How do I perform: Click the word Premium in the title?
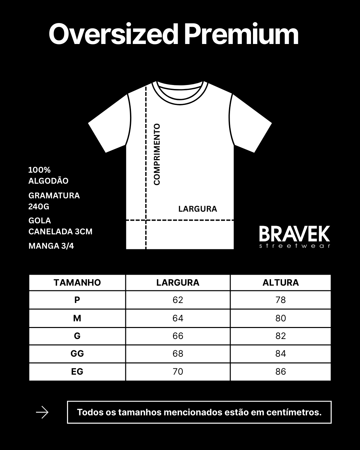click(x=241, y=34)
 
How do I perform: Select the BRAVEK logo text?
click(x=294, y=234)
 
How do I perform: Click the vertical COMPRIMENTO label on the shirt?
click(x=157, y=154)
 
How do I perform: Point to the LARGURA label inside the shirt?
click(x=197, y=209)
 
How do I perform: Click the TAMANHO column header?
click(x=77, y=283)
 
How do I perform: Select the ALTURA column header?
click(x=280, y=283)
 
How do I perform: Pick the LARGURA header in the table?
click(x=178, y=283)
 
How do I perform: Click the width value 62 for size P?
click(x=178, y=300)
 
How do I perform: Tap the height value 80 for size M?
click(x=280, y=318)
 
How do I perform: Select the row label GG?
click(x=77, y=354)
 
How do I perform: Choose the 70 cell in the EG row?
click(x=178, y=372)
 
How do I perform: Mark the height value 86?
click(x=280, y=372)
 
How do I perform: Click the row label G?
click(x=77, y=336)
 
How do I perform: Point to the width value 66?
click(x=178, y=336)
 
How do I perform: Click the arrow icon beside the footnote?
click(x=42, y=413)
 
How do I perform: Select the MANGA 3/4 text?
click(x=51, y=246)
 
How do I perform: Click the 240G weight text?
click(x=39, y=207)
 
